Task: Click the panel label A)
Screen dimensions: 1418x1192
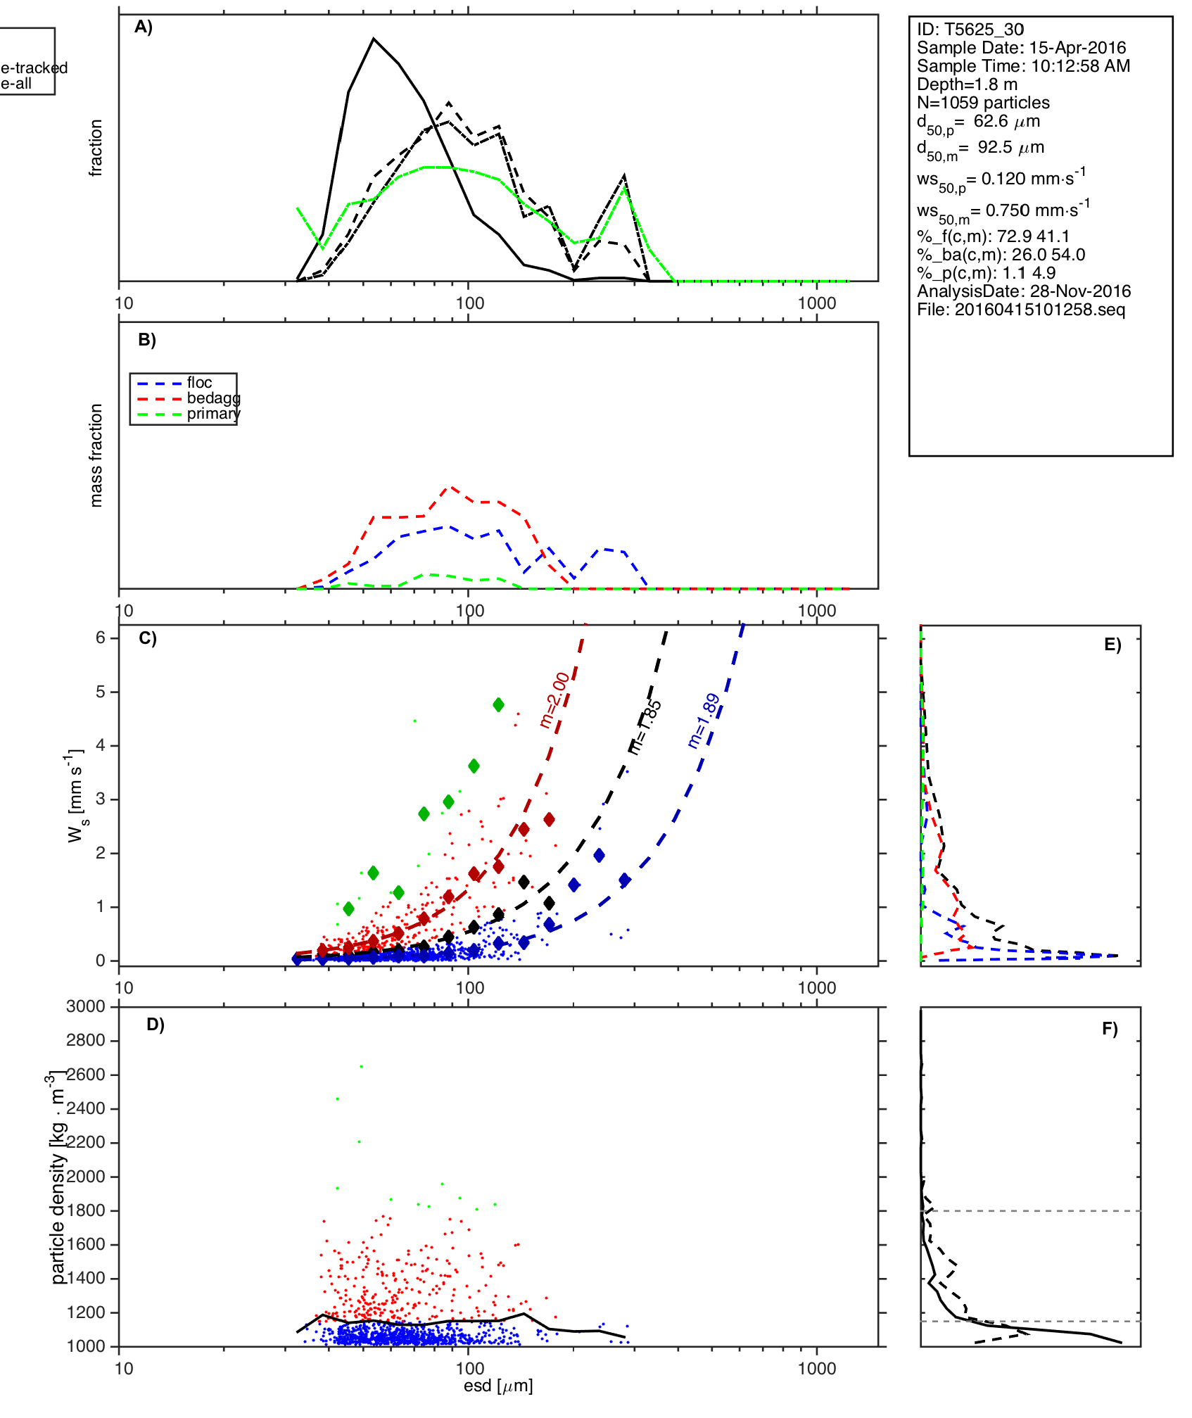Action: click(144, 27)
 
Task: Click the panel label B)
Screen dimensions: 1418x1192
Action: click(146, 340)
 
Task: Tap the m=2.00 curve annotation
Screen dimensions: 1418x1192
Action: click(554, 699)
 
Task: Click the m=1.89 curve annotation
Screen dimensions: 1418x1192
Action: click(704, 721)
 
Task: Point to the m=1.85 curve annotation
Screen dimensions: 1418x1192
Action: click(645, 726)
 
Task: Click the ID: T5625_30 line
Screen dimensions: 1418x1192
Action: click(970, 30)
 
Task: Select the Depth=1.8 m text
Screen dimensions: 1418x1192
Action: click(967, 84)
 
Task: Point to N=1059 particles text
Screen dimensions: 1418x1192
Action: click(983, 103)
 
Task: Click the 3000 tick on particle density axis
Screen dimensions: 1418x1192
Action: click(86, 1006)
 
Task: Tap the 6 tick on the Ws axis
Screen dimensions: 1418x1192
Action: click(101, 638)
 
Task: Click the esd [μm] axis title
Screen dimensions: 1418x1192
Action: click(498, 1386)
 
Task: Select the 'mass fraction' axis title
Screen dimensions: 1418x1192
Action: click(96, 455)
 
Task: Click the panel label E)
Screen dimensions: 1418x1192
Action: click(1112, 645)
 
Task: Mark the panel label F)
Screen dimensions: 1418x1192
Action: click(1110, 1029)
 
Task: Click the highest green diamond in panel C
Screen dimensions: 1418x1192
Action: click(498, 704)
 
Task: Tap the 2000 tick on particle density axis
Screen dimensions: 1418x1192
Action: click(86, 1177)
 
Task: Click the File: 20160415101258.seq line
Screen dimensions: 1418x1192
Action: click(1021, 310)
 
